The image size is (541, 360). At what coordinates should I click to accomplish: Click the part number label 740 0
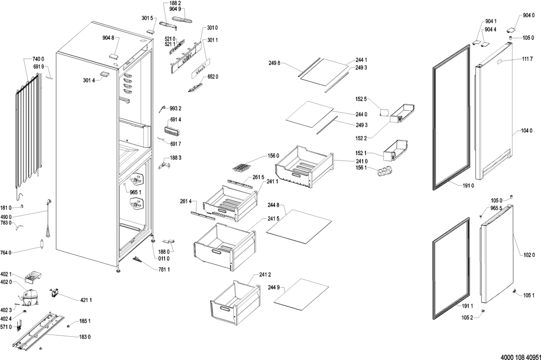[38, 59]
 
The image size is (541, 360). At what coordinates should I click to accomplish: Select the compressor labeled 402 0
[28, 298]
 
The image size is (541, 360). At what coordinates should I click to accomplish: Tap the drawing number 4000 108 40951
[521, 357]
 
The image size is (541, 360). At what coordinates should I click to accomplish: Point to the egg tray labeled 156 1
[385, 171]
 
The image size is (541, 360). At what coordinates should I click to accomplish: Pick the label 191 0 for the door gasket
[468, 185]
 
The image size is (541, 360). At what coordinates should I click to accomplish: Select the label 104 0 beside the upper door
[527, 131]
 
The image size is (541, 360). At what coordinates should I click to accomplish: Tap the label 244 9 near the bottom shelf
[274, 287]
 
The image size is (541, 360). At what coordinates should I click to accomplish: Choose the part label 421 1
[86, 300]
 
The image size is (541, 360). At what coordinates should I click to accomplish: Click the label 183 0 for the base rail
[85, 337]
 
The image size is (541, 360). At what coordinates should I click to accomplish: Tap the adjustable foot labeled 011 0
[153, 240]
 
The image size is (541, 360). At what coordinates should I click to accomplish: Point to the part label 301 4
[89, 80]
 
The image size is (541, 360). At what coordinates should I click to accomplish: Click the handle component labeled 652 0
[195, 88]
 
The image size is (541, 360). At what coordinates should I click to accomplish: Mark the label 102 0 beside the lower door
[529, 255]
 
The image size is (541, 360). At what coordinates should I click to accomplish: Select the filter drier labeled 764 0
[41, 244]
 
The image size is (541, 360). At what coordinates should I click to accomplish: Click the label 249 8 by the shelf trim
[275, 63]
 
